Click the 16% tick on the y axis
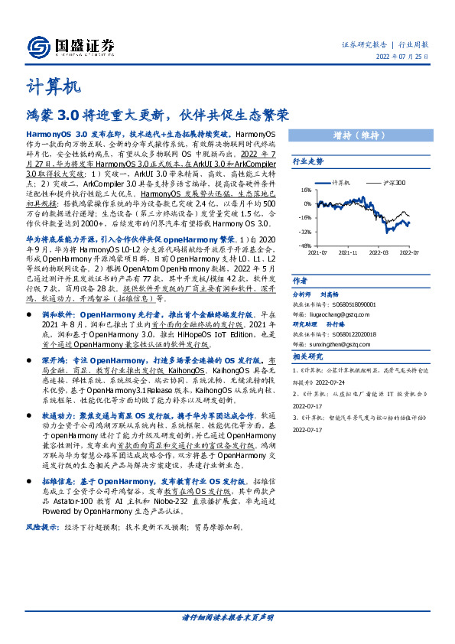click(x=304, y=190)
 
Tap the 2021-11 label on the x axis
click(x=348, y=251)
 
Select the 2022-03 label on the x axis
click(x=377, y=251)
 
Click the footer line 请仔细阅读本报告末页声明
click(x=227, y=617)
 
